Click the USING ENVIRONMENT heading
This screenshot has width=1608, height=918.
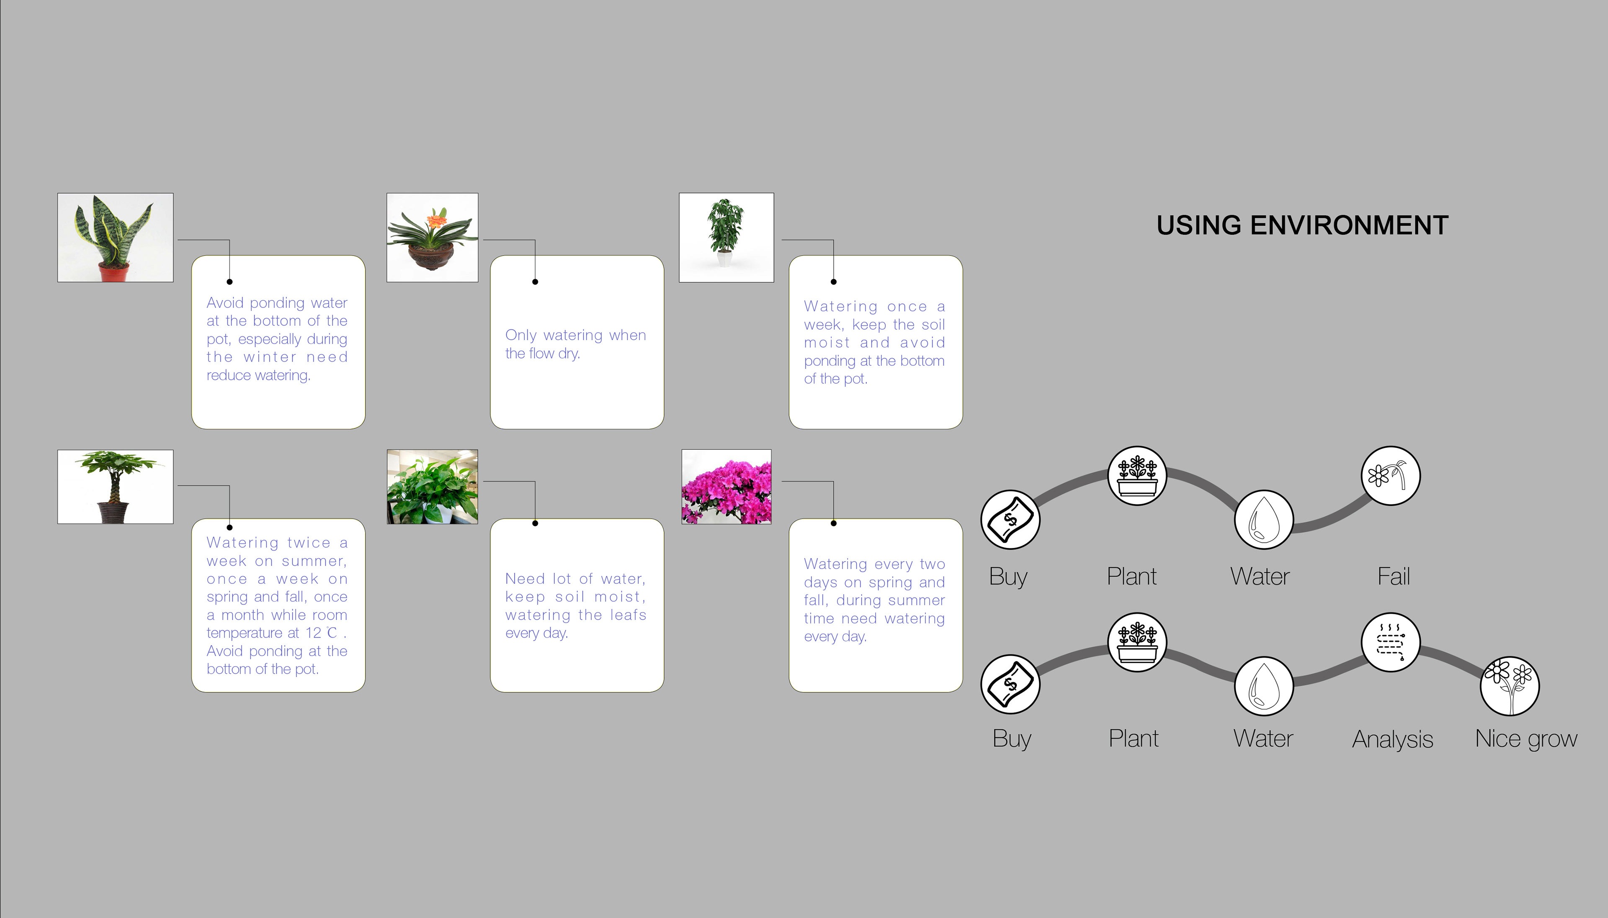tap(1302, 225)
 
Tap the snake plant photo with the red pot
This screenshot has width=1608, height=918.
tap(116, 238)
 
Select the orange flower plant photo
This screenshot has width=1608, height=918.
tap(432, 238)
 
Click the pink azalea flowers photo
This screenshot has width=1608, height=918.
tap(726, 487)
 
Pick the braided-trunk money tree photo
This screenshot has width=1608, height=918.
tap(116, 487)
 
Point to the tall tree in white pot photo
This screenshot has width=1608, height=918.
tap(726, 238)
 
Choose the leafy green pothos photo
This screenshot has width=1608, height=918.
tap(432, 487)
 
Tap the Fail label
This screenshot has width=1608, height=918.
tap(1393, 576)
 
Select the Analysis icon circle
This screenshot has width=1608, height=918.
tap(1390, 642)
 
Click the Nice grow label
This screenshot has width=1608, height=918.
tap(1526, 739)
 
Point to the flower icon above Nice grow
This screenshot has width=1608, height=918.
tap(1510, 686)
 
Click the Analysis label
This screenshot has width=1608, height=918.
tap(1392, 739)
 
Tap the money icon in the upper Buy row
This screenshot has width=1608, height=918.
tap(1010, 520)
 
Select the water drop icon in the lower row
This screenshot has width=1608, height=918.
tap(1263, 686)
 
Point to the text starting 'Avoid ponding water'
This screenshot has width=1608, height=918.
tap(277, 338)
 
